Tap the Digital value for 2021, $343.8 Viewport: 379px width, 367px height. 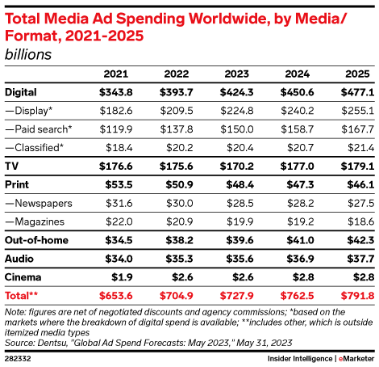115,92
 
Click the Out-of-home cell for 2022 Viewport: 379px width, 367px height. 177,240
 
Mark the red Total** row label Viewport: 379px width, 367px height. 22,294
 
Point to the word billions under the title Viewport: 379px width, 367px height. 27,55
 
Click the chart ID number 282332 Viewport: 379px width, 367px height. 18,356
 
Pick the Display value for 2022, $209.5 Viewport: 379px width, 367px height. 177,110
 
